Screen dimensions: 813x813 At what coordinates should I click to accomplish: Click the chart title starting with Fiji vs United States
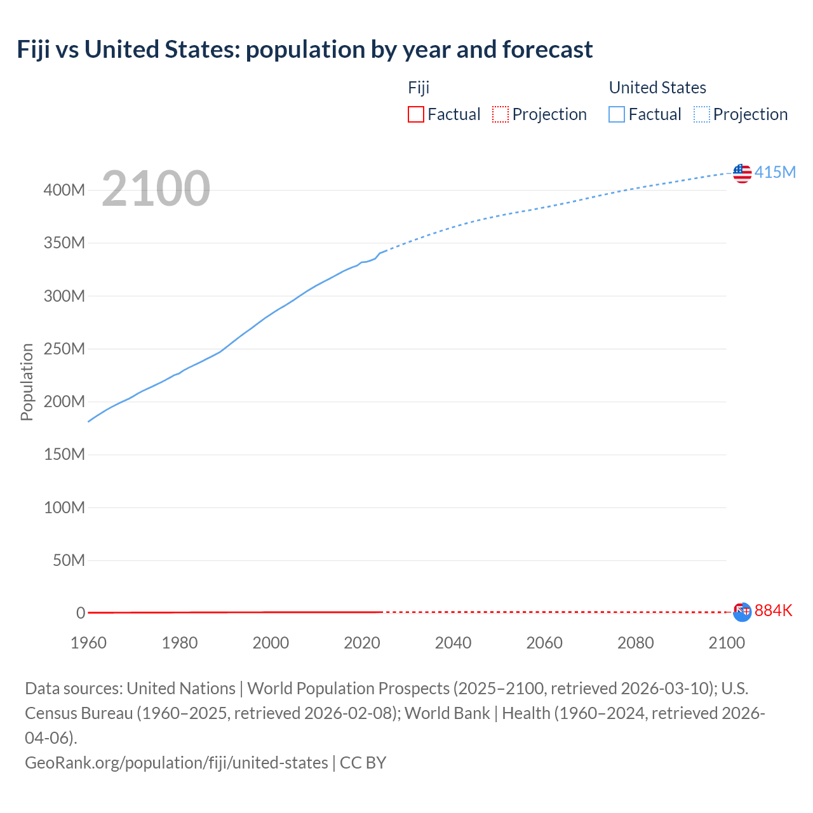point(305,50)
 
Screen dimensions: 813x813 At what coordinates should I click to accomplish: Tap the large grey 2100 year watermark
point(156,189)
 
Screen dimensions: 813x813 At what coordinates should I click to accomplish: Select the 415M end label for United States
point(775,172)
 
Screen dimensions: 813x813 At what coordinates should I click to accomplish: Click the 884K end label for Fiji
point(774,610)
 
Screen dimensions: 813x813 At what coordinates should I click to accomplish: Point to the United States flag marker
point(742,173)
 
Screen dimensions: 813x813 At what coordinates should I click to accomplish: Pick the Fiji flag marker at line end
point(742,611)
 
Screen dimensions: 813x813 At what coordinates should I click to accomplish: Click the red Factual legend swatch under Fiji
point(415,114)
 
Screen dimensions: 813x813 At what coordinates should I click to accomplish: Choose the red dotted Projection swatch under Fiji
point(501,114)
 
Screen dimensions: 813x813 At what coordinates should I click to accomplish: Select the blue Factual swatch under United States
point(617,114)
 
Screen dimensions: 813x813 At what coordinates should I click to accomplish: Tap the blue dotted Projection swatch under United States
point(702,114)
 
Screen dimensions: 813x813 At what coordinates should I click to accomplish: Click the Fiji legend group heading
point(419,88)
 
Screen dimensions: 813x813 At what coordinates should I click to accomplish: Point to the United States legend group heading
point(657,88)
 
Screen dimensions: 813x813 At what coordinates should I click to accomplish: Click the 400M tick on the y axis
point(64,190)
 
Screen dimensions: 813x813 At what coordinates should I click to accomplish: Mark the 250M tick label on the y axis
point(64,349)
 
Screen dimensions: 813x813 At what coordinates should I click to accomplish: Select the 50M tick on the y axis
point(69,560)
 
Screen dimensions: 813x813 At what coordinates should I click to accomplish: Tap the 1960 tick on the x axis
point(88,643)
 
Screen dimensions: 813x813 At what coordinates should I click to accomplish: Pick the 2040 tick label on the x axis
point(453,643)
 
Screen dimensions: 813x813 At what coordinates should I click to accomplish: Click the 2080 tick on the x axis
point(635,643)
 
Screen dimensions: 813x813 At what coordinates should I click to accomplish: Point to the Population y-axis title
point(27,382)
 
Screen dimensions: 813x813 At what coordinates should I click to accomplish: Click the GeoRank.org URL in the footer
point(177,762)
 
